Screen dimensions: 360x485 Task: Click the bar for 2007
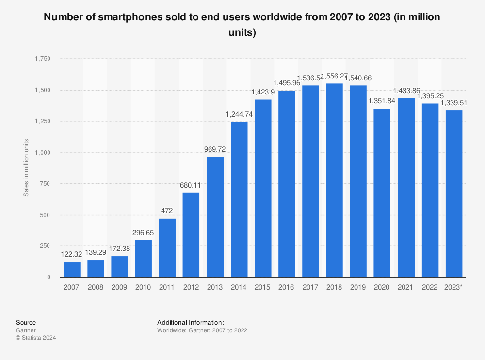pyautogui.click(x=72, y=269)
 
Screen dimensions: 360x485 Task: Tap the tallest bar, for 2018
pyautogui.click(x=334, y=180)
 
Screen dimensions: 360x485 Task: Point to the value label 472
pyautogui.click(x=167, y=211)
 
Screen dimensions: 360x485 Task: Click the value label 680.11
pyautogui.click(x=191, y=185)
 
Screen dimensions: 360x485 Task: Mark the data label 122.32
pyautogui.click(x=72, y=254)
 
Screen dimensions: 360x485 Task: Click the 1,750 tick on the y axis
pyautogui.click(x=42, y=59)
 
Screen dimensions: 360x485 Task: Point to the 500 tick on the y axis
pyautogui.click(x=45, y=215)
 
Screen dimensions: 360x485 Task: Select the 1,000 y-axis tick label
pyautogui.click(x=42, y=152)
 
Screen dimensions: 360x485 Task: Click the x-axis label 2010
pyautogui.click(x=144, y=287)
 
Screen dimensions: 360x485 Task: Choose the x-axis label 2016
pyautogui.click(x=287, y=287)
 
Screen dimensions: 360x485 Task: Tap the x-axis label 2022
pyautogui.click(x=430, y=287)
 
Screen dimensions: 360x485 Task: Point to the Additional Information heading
pyautogui.click(x=191, y=322)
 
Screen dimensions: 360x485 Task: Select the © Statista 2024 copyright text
pyautogui.click(x=36, y=338)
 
